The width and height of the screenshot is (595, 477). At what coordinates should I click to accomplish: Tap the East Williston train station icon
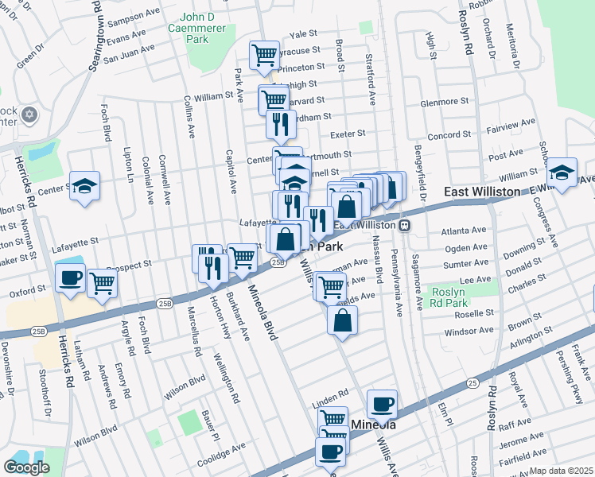point(405,225)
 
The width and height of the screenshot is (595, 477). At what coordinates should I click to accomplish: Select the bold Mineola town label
point(373,425)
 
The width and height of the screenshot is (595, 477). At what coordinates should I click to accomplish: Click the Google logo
point(26,467)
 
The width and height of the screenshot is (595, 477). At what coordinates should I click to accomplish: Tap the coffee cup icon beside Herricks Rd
point(70,278)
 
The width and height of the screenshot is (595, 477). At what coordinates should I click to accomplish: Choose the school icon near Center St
point(84,186)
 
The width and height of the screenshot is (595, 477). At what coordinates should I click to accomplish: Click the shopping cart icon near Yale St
point(264,55)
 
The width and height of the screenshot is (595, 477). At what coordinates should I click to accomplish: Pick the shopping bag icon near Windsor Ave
point(342,320)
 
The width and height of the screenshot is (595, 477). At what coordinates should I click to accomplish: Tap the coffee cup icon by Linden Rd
point(382,403)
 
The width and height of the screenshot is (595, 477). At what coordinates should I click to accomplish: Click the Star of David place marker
point(30,115)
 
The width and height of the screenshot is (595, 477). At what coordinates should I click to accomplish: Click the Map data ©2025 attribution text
point(562,471)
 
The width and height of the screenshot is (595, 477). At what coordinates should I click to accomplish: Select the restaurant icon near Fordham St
point(280,122)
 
